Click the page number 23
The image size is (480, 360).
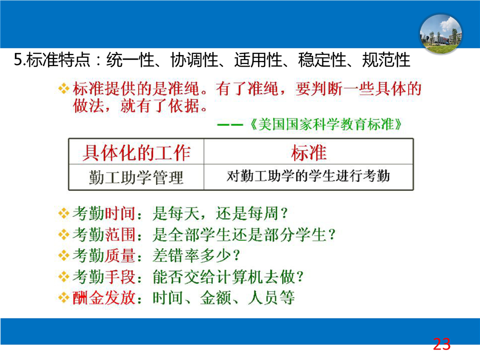pos(441,344)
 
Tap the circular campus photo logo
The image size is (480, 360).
pos(441,34)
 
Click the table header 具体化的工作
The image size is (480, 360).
pos(136,152)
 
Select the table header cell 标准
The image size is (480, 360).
pos(308,152)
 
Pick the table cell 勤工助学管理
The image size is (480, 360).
pos(136,177)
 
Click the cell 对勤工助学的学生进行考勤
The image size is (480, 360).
pos(308,176)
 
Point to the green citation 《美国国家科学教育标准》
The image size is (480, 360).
pos(325,124)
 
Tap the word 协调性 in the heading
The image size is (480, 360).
pos(194,59)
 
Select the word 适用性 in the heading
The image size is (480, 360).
pos(258,59)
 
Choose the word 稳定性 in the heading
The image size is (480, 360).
pos(322,59)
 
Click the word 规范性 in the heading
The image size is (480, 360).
pos(386,59)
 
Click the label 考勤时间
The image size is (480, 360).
pos(104,213)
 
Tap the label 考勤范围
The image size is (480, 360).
pos(104,235)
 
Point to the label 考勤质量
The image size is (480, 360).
pos(104,255)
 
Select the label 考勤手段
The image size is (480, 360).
pos(104,277)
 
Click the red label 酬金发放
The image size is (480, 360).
pos(104,297)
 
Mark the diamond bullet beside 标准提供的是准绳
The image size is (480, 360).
pos(63,88)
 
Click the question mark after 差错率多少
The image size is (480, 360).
pos(236,255)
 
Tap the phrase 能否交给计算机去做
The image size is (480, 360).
pos(224,277)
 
